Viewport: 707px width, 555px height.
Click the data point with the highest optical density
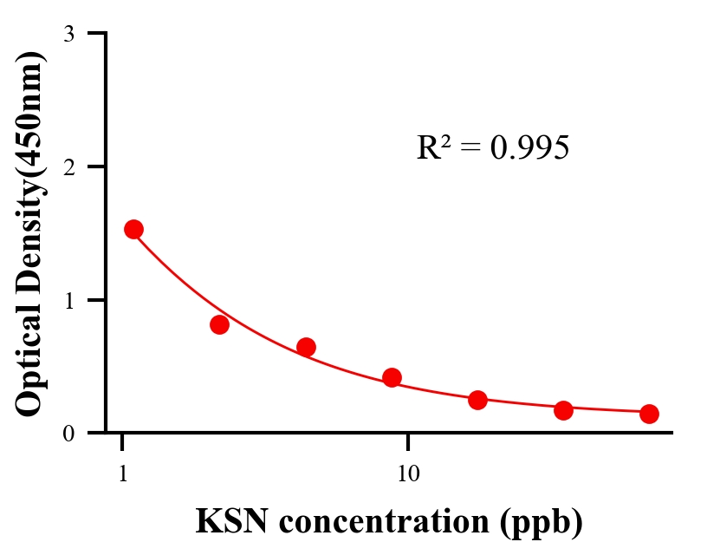[133, 229]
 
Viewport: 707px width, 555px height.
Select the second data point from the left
[219, 324]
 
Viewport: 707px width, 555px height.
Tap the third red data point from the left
[306, 347]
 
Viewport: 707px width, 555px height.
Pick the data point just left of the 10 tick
[392, 377]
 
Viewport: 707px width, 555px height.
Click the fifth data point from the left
[477, 400]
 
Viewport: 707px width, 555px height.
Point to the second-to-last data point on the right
[563, 410]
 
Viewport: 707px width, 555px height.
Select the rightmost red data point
[649, 414]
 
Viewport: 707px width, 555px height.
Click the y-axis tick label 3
[69, 35]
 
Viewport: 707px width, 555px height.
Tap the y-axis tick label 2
[69, 167]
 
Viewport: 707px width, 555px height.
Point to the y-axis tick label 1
[69, 301]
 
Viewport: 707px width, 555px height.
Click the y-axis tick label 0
[69, 434]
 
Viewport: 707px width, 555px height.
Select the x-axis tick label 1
[123, 474]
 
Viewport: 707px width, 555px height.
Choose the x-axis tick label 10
[408, 474]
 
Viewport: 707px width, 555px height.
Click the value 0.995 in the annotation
[529, 148]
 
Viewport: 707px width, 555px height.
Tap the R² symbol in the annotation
[431, 147]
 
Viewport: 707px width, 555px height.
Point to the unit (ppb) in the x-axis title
[544, 523]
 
